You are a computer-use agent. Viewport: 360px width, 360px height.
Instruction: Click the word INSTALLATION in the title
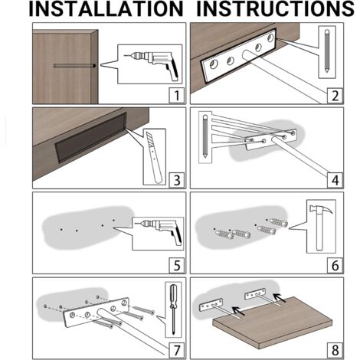[106, 8]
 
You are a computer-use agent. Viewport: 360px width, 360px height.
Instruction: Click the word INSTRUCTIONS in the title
[275, 8]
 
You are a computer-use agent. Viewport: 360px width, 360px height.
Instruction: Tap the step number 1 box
[177, 95]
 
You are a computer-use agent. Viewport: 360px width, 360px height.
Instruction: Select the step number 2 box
[335, 95]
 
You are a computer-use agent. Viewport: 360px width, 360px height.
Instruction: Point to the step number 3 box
[177, 180]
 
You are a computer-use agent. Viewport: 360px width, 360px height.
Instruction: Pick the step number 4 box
[335, 180]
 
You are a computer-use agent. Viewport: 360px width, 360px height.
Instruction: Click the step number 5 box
[177, 265]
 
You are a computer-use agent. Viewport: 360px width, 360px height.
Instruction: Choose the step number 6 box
[335, 265]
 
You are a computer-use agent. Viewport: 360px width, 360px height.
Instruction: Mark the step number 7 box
[177, 350]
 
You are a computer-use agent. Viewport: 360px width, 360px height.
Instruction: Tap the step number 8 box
[335, 350]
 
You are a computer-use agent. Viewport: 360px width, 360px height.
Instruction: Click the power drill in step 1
[153, 64]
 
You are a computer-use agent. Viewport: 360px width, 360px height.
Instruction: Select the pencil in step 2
[327, 51]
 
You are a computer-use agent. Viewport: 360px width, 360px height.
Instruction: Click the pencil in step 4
[205, 136]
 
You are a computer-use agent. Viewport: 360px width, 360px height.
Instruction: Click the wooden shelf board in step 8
[273, 322]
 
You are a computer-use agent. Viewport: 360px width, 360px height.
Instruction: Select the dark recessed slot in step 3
[90, 138]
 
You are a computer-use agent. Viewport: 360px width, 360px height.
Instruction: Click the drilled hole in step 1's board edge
[94, 66]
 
